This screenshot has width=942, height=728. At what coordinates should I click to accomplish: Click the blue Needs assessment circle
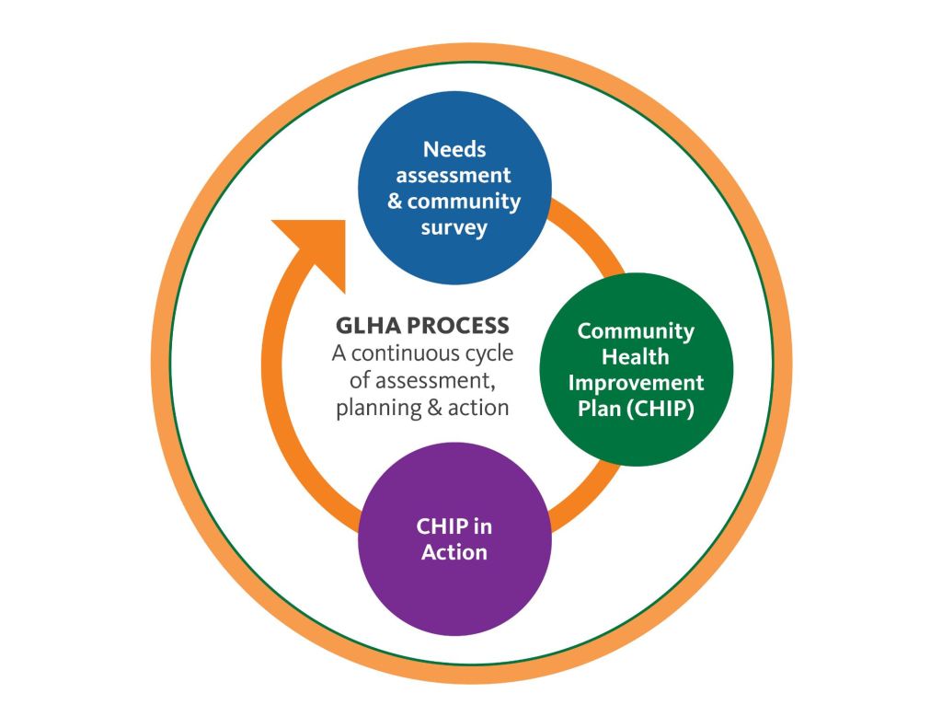pyautogui.click(x=454, y=189)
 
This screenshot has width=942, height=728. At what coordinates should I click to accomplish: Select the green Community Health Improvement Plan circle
pyautogui.click(x=636, y=369)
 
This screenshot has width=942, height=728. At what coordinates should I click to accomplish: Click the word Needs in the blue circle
pyautogui.click(x=454, y=149)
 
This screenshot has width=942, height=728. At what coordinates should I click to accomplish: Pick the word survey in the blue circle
pyautogui.click(x=454, y=227)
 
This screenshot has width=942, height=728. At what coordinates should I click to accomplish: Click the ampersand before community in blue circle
pyautogui.click(x=396, y=202)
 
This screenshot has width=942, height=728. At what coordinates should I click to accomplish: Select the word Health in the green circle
pyautogui.click(x=636, y=356)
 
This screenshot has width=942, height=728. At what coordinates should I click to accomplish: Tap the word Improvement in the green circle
pyautogui.click(x=636, y=382)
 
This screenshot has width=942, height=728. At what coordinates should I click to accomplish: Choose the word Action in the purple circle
pyautogui.click(x=454, y=553)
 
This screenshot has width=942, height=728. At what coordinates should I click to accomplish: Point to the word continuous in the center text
pyautogui.click(x=410, y=353)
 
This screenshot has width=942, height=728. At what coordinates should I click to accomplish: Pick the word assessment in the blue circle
pyautogui.click(x=454, y=175)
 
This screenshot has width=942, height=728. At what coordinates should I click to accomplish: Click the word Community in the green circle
pyautogui.click(x=636, y=330)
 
